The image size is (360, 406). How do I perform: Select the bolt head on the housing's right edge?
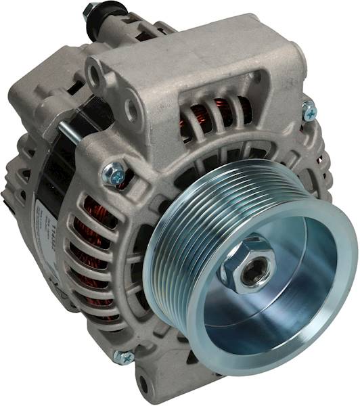309,110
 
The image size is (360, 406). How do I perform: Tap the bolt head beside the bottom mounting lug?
123,357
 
